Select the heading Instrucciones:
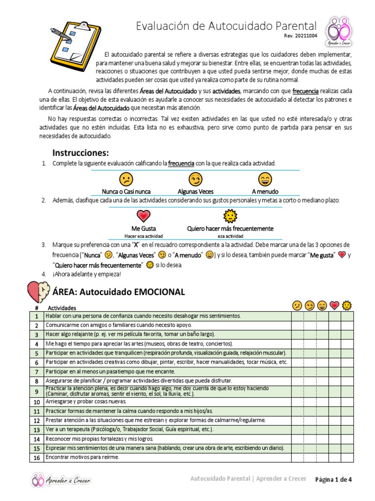click(x=81, y=152)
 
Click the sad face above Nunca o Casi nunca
click(x=126, y=180)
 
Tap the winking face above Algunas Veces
click(x=195, y=180)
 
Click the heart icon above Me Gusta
click(x=144, y=216)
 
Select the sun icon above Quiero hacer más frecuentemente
click(x=230, y=216)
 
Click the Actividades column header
click(x=62, y=308)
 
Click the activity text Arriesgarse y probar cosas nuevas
click(x=85, y=402)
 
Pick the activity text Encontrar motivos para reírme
click(x=82, y=457)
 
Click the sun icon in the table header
click(x=347, y=306)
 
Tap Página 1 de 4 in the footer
click(x=333, y=479)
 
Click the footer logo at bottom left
click(x=61, y=480)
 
